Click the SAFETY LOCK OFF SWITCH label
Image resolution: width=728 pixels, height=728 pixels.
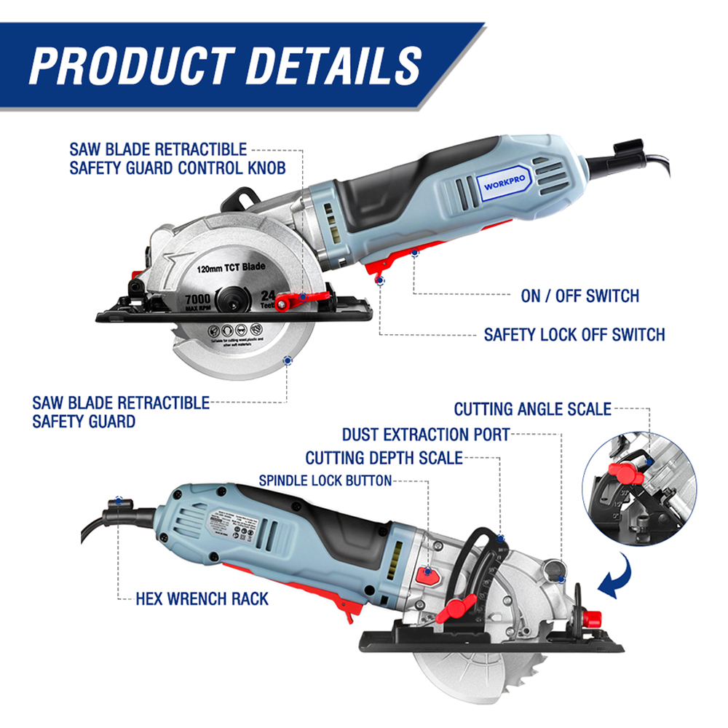(x=574, y=335)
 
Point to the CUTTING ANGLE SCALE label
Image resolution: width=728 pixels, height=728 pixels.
(x=532, y=409)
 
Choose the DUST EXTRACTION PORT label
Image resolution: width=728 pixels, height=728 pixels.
(x=426, y=435)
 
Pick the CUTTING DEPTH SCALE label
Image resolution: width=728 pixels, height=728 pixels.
(x=384, y=458)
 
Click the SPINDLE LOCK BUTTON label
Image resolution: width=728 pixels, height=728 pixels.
(x=325, y=480)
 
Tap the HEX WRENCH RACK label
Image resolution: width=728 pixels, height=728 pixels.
(x=202, y=599)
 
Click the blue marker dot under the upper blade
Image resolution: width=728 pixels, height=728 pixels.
(x=288, y=359)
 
